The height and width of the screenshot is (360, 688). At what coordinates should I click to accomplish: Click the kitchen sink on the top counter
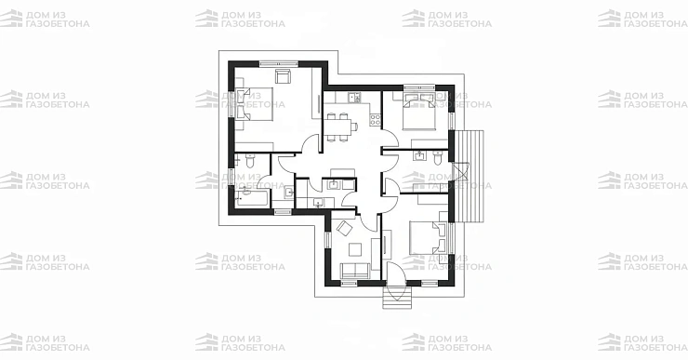click(x=354, y=98)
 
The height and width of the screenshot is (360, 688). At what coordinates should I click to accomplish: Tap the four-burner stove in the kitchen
click(x=376, y=119)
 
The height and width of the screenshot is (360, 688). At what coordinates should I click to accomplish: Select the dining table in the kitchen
click(x=339, y=127)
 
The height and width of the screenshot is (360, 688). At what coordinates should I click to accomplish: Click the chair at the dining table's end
click(x=355, y=127)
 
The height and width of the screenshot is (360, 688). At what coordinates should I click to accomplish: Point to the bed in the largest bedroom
click(x=255, y=104)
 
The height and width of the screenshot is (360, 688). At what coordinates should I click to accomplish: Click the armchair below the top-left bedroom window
click(x=283, y=75)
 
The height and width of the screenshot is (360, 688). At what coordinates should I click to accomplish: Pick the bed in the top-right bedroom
click(x=419, y=112)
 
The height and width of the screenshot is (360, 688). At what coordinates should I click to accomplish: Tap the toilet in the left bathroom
click(x=250, y=161)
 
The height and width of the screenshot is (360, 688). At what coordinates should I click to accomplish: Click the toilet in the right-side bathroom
click(x=438, y=157)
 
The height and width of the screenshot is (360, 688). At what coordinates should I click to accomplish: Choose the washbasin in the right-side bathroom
click(x=420, y=155)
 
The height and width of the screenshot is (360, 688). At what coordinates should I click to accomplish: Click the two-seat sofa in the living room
click(x=355, y=270)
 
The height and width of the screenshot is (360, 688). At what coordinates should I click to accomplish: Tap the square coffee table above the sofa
click(x=355, y=249)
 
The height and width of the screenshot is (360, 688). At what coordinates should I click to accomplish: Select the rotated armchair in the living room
click(x=344, y=228)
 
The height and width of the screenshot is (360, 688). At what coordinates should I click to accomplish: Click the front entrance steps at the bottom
click(x=397, y=298)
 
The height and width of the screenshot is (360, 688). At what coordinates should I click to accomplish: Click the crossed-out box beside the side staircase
click(x=461, y=172)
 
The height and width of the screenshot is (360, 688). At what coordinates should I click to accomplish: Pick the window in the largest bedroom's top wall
click(x=279, y=64)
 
